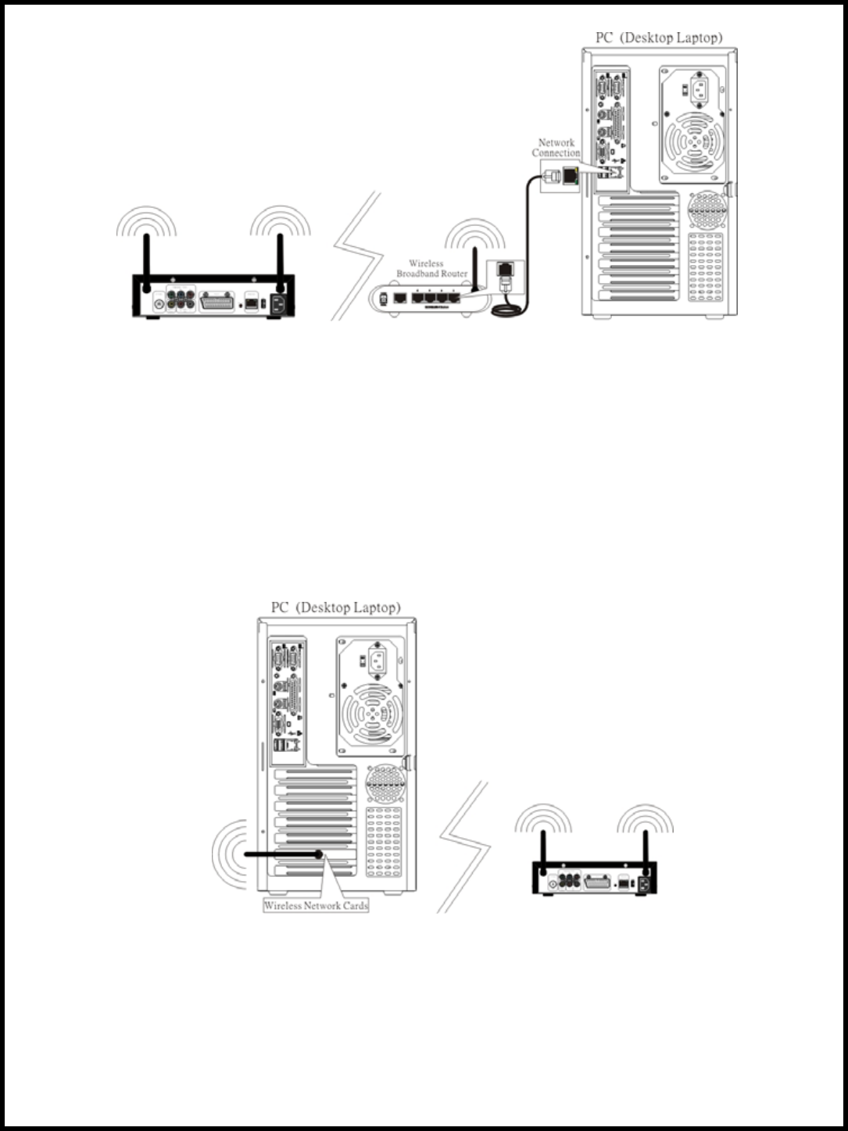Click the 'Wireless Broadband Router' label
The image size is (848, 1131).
tap(431, 269)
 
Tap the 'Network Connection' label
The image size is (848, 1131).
tap(556, 148)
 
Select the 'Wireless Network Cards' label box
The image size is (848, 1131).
tap(316, 906)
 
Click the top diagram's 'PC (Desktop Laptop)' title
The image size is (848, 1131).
tap(659, 38)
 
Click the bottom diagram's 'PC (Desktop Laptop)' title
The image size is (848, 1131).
tap(336, 607)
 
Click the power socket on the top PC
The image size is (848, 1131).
tap(702, 88)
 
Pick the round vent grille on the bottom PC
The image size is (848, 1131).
tap(383, 782)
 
